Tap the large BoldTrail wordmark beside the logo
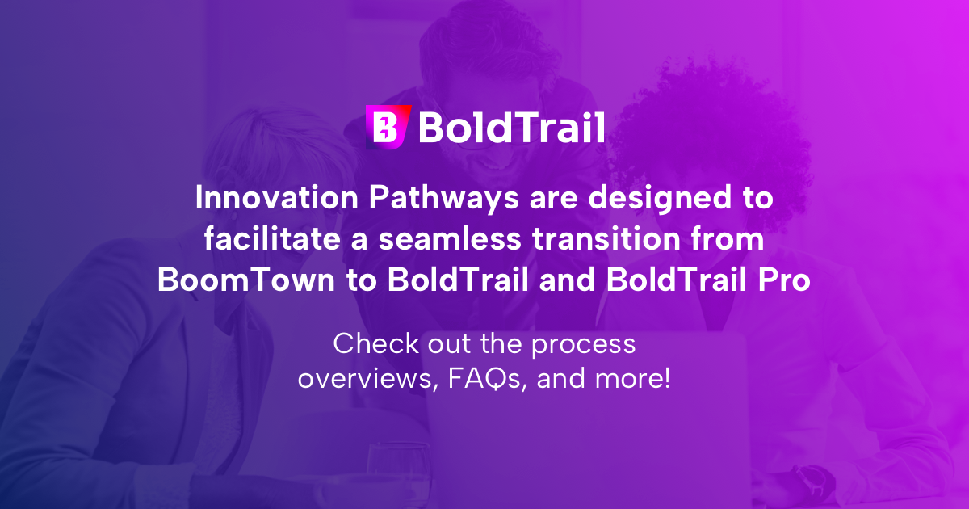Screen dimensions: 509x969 (x=511, y=128)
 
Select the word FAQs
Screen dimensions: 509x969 (x=483, y=377)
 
